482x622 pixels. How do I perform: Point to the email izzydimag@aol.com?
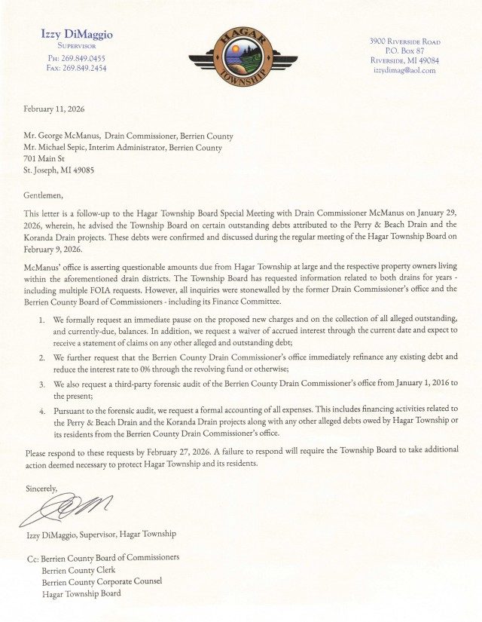404,70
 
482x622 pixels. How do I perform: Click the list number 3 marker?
41,384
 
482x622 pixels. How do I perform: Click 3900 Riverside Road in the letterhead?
404,41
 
